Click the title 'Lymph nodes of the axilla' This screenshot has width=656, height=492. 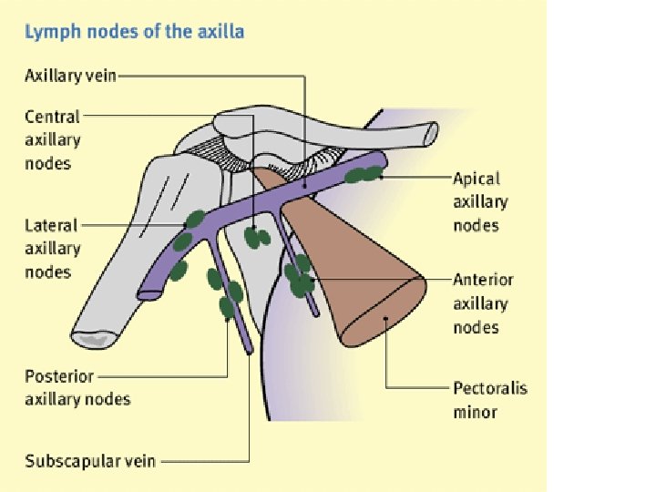[x=134, y=32]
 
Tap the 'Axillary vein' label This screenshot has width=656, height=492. [x=70, y=76]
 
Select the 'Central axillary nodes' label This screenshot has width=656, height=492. [x=53, y=140]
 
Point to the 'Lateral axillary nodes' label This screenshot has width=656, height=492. [x=53, y=248]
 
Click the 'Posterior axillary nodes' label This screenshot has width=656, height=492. [x=77, y=387]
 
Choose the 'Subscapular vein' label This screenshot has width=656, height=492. [x=90, y=461]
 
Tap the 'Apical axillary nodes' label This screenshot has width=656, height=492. [x=480, y=201]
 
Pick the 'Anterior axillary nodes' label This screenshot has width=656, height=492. [x=483, y=303]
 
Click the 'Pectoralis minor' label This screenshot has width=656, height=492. [x=489, y=400]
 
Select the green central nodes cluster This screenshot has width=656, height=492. [x=257, y=237]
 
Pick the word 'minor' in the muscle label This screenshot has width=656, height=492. [x=476, y=412]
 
